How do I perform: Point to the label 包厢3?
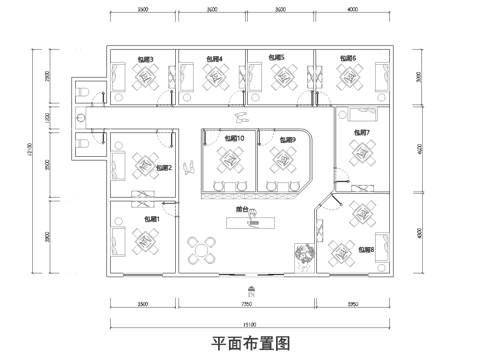click(x=145, y=59)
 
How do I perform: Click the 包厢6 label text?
click(x=347, y=59)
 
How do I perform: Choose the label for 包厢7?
click(x=361, y=132)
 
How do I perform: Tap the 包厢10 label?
click(x=234, y=138)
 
